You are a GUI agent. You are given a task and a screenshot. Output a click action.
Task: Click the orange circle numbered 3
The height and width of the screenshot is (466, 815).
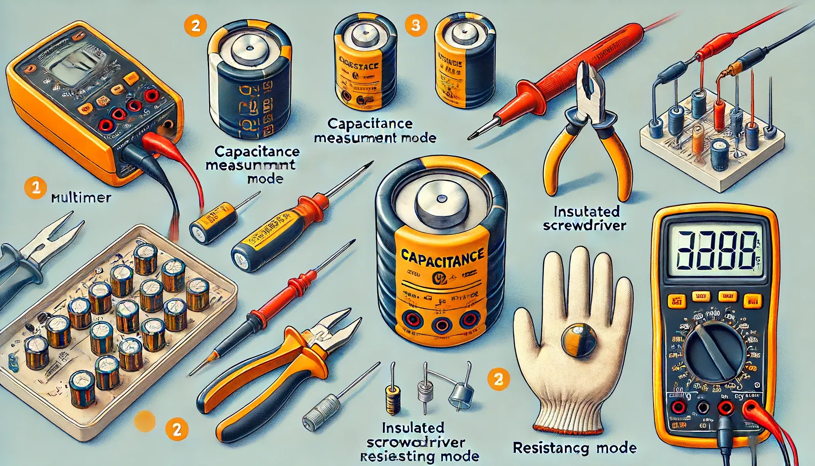coord(415,25)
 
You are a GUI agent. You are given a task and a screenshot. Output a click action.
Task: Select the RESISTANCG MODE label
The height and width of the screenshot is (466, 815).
coord(574,448)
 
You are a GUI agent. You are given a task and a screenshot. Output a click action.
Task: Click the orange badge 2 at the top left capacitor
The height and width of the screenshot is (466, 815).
coord(195,25)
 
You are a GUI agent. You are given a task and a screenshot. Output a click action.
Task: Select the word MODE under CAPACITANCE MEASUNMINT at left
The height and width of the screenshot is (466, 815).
coord(265,178)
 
